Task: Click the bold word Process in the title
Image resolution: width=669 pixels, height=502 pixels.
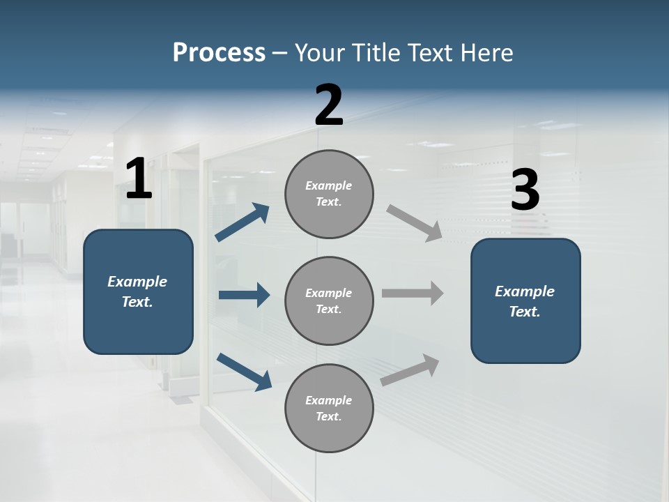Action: (x=219, y=53)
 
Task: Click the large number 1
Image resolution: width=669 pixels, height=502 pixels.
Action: (x=139, y=180)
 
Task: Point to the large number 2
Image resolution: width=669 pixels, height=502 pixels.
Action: (x=329, y=105)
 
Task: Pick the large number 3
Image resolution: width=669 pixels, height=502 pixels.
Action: (x=525, y=190)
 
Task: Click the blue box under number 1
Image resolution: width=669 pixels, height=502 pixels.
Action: (x=138, y=291)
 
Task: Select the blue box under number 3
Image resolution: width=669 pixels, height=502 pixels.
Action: (x=525, y=301)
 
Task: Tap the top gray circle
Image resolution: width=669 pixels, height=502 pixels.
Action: (x=329, y=194)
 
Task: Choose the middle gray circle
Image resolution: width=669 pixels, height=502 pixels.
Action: (x=329, y=301)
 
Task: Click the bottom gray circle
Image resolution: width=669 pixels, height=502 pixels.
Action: (x=329, y=409)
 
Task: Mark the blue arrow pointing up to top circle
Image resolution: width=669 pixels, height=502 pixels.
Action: (x=243, y=222)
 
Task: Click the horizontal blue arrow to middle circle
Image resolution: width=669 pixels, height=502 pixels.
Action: (x=244, y=295)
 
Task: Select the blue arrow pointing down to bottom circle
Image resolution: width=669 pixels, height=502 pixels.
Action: (x=244, y=371)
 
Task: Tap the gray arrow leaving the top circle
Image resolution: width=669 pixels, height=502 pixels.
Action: (x=415, y=222)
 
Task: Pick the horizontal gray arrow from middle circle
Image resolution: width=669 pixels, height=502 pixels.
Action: (x=413, y=293)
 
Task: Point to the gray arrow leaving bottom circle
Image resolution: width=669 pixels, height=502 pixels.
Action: (x=410, y=370)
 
